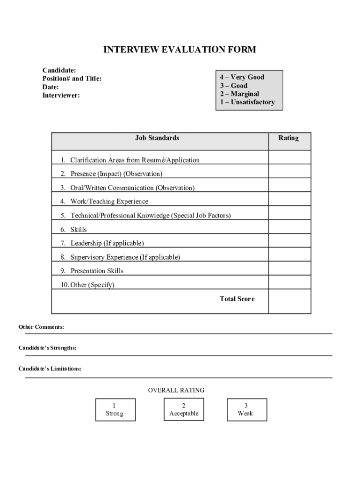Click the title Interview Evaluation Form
coord(180,50)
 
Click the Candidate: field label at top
coord(59,70)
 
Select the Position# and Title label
coord(72,79)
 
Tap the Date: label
coord(50,87)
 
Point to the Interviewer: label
coord(61,95)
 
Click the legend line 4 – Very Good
coord(242,77)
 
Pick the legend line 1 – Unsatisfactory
coord(247,102)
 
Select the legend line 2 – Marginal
coord(239,94)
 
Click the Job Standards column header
coord(157,138)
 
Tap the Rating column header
coord(288,138)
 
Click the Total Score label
coord(237,299)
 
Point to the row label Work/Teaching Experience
coord(109,202)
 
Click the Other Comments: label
coord(41,327)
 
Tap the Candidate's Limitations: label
coord(50,369)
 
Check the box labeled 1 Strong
coord(115,410)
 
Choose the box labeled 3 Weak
coord(246,410)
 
